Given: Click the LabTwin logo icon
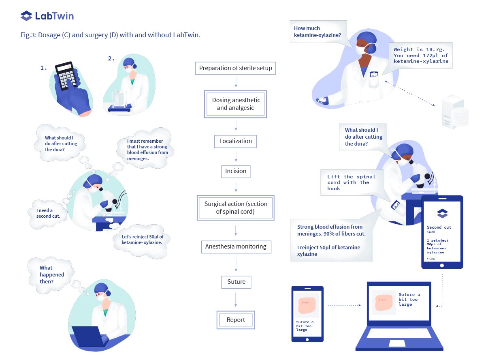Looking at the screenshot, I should pos(26,16).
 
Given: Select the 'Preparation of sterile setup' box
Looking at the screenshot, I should pos(236,68).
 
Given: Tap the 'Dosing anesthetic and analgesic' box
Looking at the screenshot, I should pos(236,104).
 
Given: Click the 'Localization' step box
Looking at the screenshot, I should pos(236,141).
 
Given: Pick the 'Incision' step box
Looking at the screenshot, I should pos(236,171).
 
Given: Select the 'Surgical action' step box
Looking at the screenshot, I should pos(236,208).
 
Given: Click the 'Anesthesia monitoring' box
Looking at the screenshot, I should pos(236,246).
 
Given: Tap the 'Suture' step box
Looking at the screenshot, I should pos(236,282).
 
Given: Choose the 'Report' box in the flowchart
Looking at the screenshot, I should pos(236,320).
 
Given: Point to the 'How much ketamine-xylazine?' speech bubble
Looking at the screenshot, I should pos(318,32).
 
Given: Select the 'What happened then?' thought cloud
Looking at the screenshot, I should pos(51,274).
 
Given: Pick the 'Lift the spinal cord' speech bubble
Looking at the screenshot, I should pos(351,182).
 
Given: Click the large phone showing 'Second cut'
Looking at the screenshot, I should pos(442,232).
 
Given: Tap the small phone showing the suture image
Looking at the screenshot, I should pos(307,314).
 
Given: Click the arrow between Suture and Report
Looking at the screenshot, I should pos(236,300).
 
